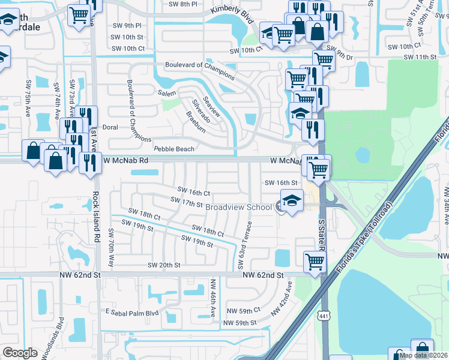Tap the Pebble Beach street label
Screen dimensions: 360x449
pyautogui.click(x=174, y=149)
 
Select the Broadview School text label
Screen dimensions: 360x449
pyautogui.click(x=238, y=207)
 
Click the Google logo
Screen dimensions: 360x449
pyautogui.click(x=20, y=352)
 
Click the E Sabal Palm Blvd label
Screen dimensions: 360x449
pyautogui.click(x=131, y=313)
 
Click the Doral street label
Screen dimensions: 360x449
pyautogui.click(x=110, y=127)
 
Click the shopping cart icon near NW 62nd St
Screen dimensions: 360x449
pyautogui.click(x=315, y=261)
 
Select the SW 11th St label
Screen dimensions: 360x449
pyautogui.click(x=420, y=56)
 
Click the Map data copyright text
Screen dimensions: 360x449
pyautogui.click(x=423, y=355)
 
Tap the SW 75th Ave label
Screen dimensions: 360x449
pyautogui.click(x=28, y=97)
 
